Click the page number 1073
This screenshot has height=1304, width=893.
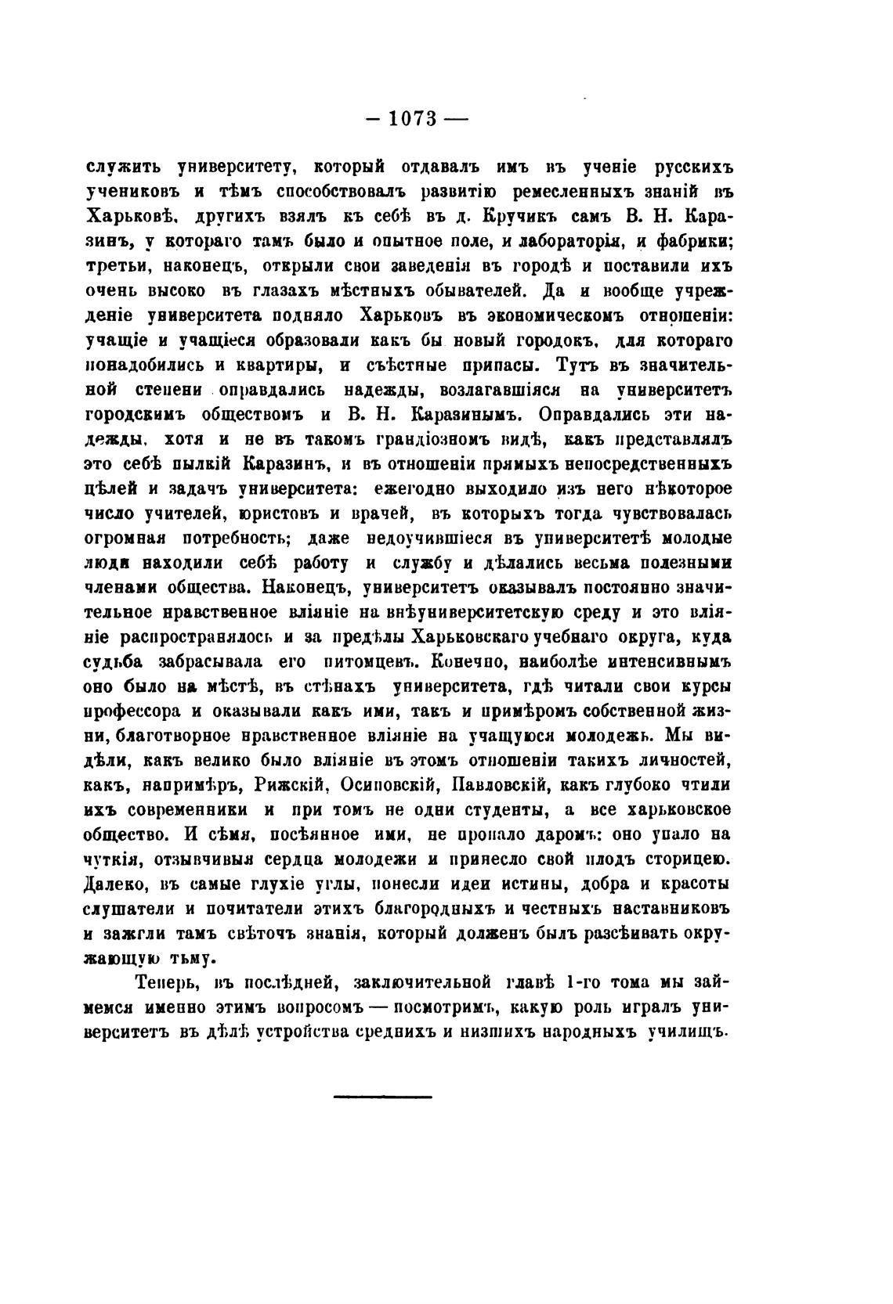pyautogui.click(x=415, y=119)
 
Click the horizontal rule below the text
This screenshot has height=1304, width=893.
pyautogui.click(x=382, y=1096)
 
